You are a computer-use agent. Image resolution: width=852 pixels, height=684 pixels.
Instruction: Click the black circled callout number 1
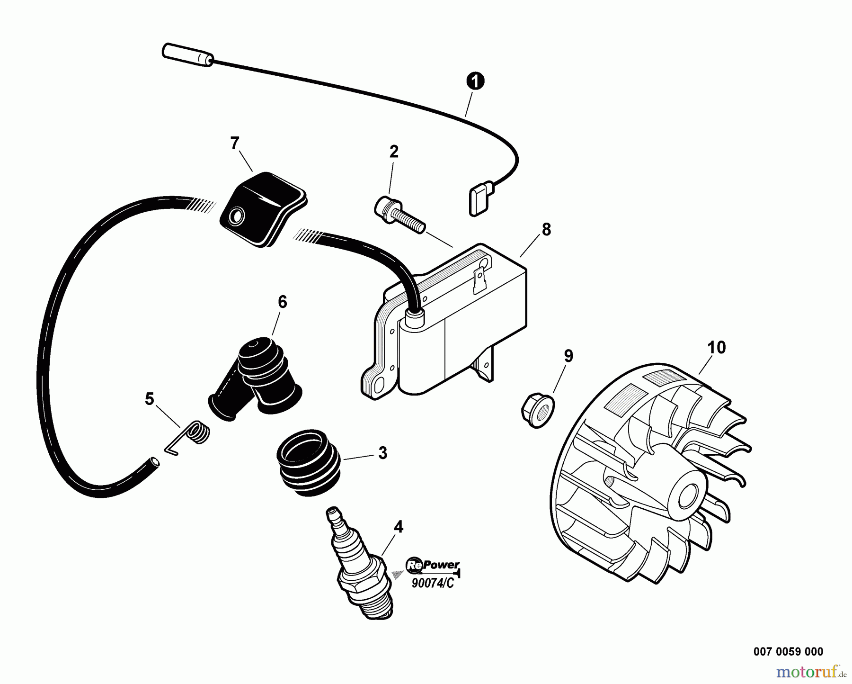[x=475, y=81]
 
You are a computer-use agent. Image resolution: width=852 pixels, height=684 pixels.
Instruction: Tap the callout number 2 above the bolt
[x=394, y=152]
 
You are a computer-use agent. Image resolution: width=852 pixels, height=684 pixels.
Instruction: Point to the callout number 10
[x=716, y=347]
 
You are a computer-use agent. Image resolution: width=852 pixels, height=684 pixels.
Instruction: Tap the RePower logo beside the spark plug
[x=432, y=564]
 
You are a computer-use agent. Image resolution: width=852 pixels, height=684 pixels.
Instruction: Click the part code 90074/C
[x=432, y=583]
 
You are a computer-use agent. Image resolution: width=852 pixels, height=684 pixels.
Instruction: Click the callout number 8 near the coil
[x=546, y=229]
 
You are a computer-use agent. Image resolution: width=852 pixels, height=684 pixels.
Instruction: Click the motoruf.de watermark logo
[x=804, y=671]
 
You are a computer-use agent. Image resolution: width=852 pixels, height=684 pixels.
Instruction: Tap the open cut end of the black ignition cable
[x=154, y=460]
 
